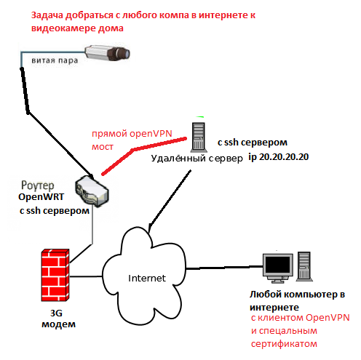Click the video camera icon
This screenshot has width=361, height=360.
coord(107,52)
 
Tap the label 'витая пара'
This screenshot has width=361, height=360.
coord(55,60)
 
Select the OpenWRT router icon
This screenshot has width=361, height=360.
coord(92,191)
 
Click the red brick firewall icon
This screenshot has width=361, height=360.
coord(55,275)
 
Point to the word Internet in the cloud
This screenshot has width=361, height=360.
coord(147,278)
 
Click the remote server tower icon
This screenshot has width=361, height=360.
coord(199,137)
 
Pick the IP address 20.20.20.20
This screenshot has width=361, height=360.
coord(284,157)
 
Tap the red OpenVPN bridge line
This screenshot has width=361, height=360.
coord(134,149)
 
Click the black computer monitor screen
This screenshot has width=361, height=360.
coord(278,265)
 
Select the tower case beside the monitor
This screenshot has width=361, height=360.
coord(304,266)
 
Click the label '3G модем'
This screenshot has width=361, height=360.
coord(58,319)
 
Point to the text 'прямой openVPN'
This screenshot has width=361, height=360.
coord(132,134)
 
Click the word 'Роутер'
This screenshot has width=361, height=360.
coord(38,185)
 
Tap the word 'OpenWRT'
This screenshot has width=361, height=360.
coord(41,196)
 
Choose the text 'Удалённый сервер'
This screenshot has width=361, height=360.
coord(197,159)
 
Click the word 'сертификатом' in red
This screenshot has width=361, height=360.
coord(284,344)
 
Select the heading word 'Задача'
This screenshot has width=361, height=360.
coord(47,15)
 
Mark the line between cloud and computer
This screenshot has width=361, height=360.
coord(224,268)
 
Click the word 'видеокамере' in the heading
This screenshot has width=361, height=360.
coord(63,28)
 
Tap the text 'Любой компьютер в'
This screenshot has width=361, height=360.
coord(297,295)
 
